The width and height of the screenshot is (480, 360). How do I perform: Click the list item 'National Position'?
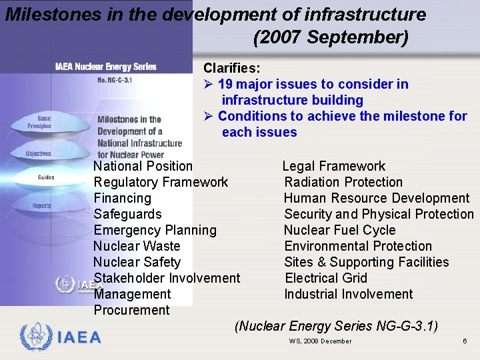143,166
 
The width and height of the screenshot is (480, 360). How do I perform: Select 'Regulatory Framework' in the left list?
161,182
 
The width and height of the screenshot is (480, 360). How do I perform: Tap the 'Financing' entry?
122,198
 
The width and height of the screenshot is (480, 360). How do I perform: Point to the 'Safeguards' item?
127,214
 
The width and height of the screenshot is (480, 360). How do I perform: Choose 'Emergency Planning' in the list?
155,230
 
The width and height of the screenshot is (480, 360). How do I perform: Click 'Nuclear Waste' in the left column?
137,246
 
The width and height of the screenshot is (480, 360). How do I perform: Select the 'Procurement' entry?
131,310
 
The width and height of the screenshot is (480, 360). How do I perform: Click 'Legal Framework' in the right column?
333,166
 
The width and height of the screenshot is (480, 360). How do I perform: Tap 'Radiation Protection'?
343,182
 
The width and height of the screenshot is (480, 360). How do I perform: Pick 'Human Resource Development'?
376,198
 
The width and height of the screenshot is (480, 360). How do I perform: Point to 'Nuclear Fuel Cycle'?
339,230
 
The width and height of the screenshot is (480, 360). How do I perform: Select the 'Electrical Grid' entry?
325,278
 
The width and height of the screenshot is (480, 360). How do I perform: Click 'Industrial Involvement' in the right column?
348,294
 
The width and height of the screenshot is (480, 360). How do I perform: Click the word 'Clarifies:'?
231,68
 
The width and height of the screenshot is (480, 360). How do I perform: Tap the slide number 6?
464,341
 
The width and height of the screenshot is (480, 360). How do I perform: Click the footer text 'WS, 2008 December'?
320,341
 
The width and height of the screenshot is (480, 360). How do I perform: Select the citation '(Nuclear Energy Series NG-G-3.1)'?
336,326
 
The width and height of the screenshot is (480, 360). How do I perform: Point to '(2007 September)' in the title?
331,37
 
